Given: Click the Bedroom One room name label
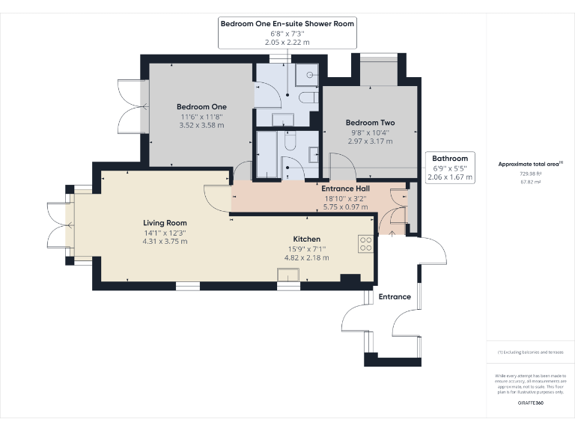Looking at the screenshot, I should tap(201, 107).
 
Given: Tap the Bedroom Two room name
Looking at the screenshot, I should tap(370, 123).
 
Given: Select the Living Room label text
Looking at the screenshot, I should tap(165, 223).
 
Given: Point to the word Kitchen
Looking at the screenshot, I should tap(307, 239).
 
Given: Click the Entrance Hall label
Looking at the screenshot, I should tap(345, 189).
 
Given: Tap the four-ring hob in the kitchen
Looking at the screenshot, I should tap(366, 244).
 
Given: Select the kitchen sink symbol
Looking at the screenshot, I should tap(288, 276).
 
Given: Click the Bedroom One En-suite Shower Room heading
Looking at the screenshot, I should tap(287, 24).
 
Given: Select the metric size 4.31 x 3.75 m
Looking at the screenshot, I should tap(165, 242).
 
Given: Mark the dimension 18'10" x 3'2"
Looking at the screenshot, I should tap(345, 198).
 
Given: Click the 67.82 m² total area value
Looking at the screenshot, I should tap(530, 180).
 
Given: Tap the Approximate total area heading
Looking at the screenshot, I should tap(529, 164).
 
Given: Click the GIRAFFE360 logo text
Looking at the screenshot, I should tap(530, 403).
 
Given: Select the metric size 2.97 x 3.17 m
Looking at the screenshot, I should tap(370, 141).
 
